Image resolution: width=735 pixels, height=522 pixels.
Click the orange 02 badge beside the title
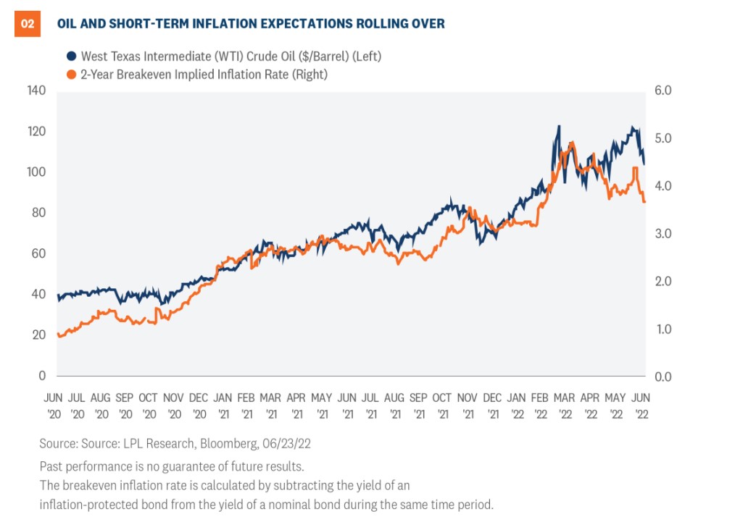pyautogui.click(x=27, y=24)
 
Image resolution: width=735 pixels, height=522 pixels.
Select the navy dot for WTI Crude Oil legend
pyautogui.click(x=71, y=56)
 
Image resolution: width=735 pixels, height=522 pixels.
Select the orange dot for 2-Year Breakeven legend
pyautogui.click(x=71, y=74)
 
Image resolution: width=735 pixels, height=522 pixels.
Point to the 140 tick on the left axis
pyautogui.click(x=36, y=90)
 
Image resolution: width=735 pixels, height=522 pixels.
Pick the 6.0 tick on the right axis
pyautogui.click(x=663, y=90)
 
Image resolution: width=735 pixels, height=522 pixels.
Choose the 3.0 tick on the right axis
pyautogui.click(x=663, y=234)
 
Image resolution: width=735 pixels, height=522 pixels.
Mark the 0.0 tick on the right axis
pyautogui.click(x=663, y=376)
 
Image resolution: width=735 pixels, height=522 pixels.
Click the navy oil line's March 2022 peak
pyautogui.click(x=558, y=127)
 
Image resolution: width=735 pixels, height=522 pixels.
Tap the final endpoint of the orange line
pyautogui.click(x=644, y=202)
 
